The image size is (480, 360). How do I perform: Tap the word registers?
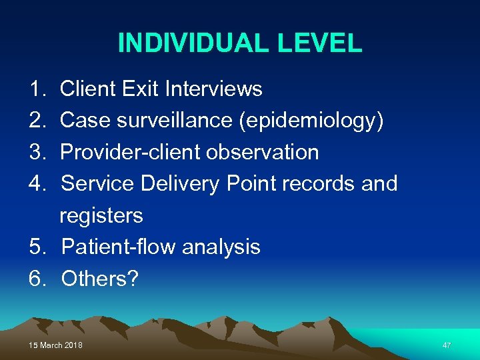point(101,216)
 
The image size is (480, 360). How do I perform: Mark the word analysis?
point(221,247)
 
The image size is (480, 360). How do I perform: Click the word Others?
point(99,279)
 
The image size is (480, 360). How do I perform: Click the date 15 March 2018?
point(56,345)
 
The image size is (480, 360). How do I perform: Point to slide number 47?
point(447,345)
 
